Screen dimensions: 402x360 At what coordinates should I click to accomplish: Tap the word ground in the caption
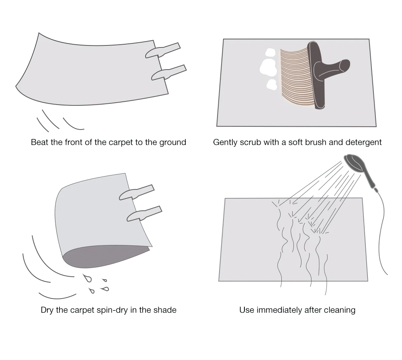[173, 143]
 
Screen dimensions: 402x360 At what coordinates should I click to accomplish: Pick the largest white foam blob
[268, 67]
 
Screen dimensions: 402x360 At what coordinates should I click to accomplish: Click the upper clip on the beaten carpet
[163, 50]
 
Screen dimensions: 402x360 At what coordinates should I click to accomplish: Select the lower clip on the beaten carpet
[169, 72]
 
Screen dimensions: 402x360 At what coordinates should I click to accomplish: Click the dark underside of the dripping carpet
[103, 257]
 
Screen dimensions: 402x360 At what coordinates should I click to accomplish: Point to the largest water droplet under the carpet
[87, 278]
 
